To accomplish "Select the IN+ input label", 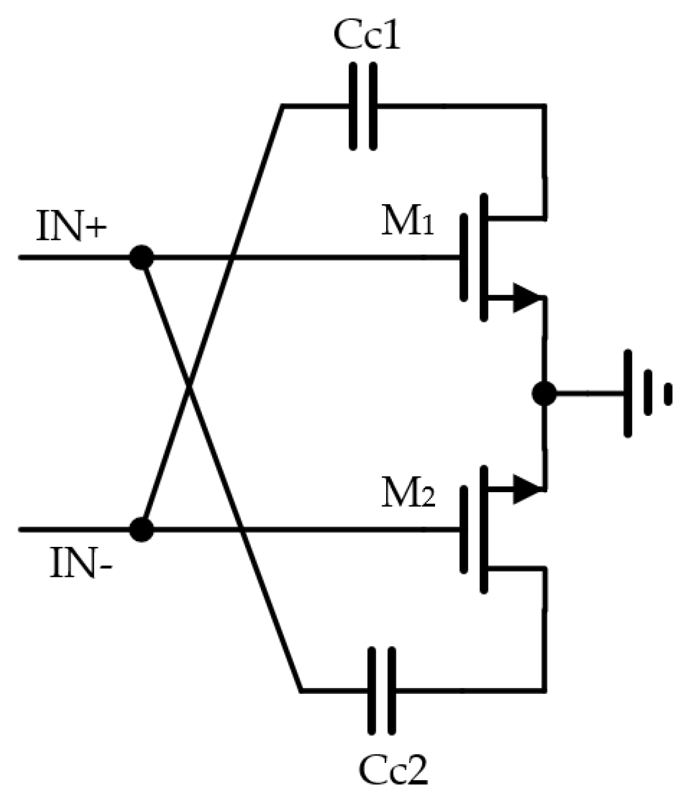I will click(x=71, y=226).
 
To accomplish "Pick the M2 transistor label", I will click(x=408, y=495).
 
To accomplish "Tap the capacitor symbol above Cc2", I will click(x=381, y=690).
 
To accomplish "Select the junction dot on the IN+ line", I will click(x=142, y=257).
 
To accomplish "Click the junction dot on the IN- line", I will click(x=142, y=529).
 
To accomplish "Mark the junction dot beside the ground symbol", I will click(x=544, y=393).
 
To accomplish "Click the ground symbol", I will click(x=646, y=394).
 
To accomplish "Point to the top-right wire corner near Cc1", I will click(x=544, y=106).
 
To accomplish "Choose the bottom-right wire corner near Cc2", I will click(x=544, y=690).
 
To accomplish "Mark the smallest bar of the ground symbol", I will click(x=668, y=394).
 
